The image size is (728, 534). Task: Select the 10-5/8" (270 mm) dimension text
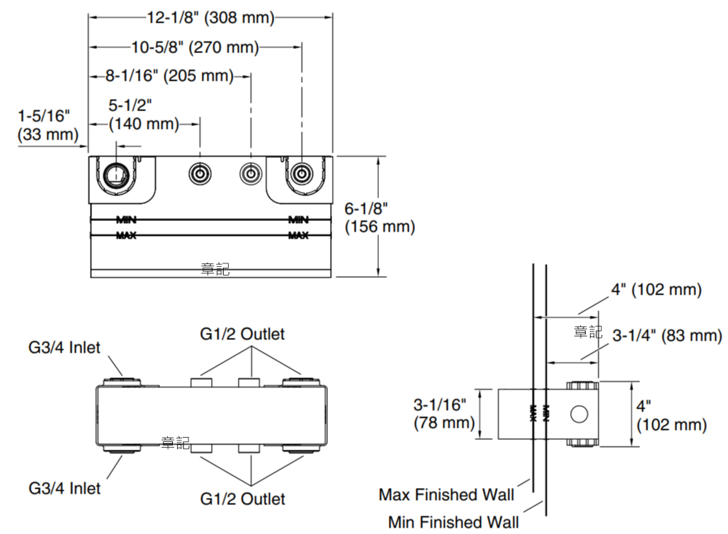click(195, 47)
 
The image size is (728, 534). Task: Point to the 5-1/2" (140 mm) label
click(143, 115)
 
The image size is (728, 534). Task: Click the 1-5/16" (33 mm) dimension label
click(47, 124)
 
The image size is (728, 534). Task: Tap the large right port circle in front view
click(302, 173)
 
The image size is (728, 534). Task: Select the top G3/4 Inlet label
click(64, 348)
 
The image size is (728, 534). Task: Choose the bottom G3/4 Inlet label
click(64, 488)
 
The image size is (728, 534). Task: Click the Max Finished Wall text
click(446, 494)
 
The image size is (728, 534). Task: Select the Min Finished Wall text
click(453, 523)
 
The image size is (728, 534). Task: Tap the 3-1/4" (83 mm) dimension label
click(666, 336)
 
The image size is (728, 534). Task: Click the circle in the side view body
click(579, 414)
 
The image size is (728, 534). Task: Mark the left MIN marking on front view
click(126, 220)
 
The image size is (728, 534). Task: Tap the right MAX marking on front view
click(298, 236)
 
